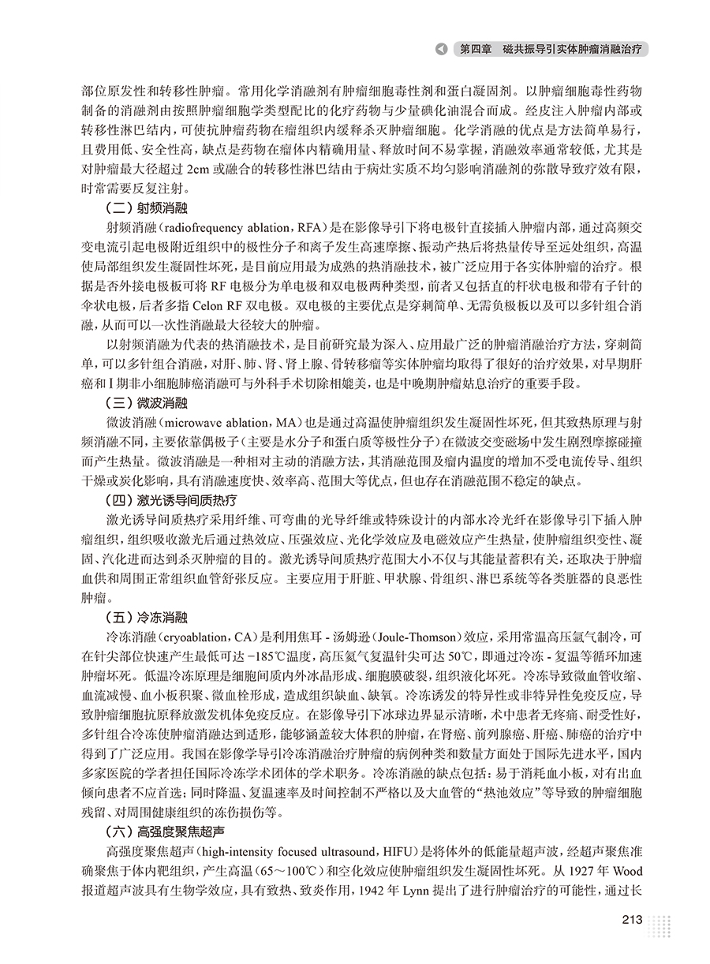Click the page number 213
point(633,920)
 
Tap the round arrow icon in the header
point(442,49)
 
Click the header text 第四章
point(475,49)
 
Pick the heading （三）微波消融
point(147,403)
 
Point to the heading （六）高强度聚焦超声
point(164,831)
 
